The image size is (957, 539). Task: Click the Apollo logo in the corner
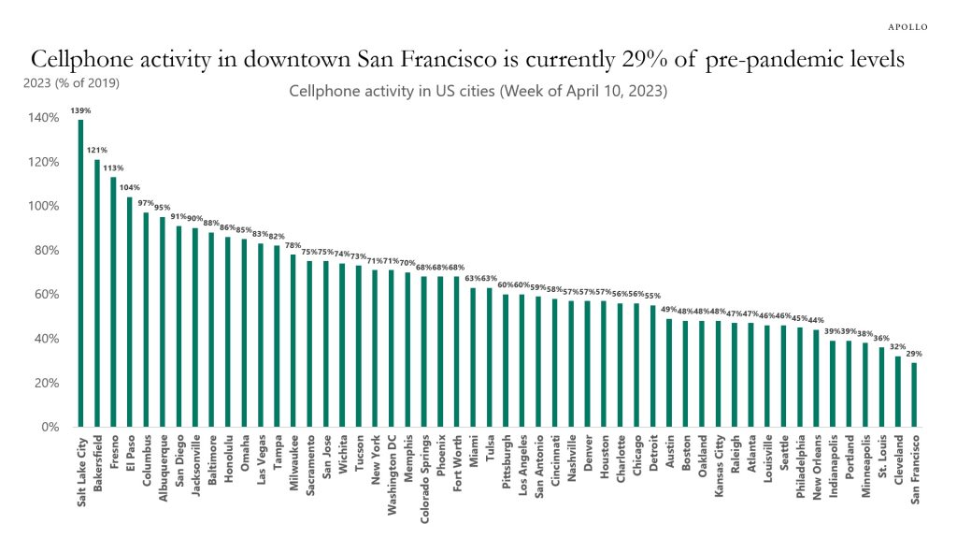click(x=907, y=26)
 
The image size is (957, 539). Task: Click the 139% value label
click(x=80, y=110)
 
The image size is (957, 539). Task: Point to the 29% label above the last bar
click(x=913, y=354)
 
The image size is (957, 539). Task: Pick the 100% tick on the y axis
click(x=46, y=206)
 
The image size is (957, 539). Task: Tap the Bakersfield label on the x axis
click(x=97, y=464)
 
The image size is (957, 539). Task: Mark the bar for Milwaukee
click(x=293, y=341)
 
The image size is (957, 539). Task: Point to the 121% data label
click(x=97, y=150)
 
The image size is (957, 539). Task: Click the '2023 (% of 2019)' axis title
click(x=70, y=82)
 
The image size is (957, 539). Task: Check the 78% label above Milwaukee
click(x=293, y=245)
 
